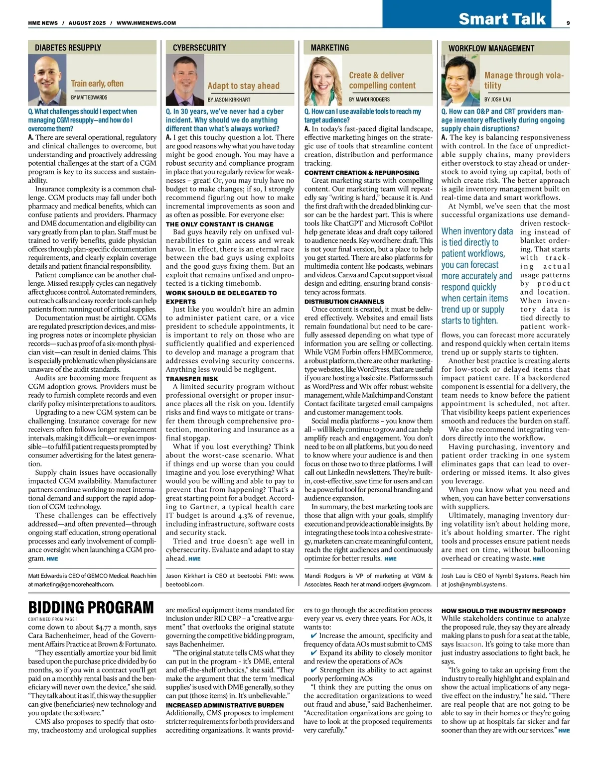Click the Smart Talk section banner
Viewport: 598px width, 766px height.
(502, 18)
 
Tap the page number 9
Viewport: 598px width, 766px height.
(568, 22)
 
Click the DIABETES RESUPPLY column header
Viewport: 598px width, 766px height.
(68, 48)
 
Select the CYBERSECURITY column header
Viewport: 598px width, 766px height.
(199, 48)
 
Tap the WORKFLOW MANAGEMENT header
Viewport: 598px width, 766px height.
(491, 48)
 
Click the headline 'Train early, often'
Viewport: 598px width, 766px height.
(97, 84)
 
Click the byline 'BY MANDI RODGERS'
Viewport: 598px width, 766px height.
(369, 100)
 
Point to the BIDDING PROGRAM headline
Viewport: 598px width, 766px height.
(91, 608)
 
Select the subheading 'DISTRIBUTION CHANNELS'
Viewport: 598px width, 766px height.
(344, 301)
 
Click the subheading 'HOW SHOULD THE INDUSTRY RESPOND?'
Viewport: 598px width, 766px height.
(503, 611)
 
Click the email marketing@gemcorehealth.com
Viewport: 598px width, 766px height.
(71, 584)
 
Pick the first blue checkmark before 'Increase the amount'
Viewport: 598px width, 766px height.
(313, 636)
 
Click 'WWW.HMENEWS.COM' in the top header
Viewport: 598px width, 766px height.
(146, 23)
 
